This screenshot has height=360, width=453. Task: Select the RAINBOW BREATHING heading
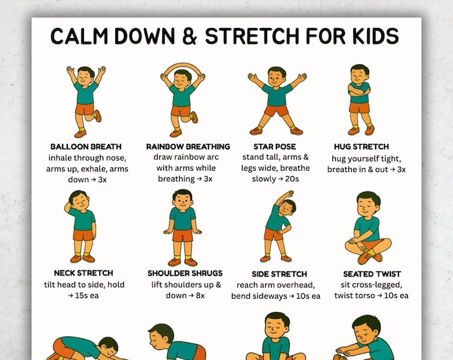click(x=188, y=147)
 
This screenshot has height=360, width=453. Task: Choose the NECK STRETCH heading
click(x=83, y=273)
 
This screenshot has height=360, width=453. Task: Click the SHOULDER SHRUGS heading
click(x=185, y=273)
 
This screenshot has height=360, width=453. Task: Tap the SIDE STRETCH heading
click(x=279, y=274)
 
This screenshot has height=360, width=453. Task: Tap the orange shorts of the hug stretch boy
click(x=360, y=107)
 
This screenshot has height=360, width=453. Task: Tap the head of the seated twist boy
click(x=368, y=202)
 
